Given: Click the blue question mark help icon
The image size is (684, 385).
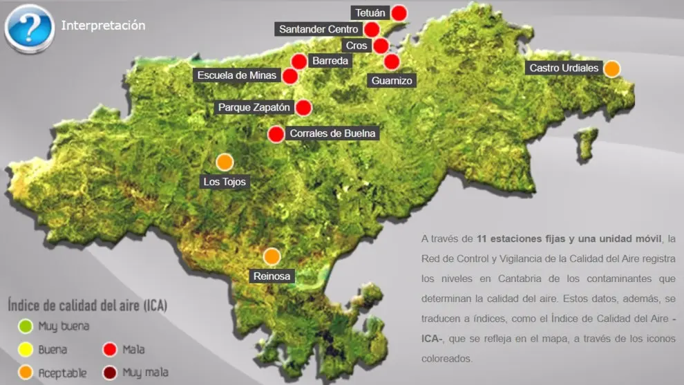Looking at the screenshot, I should (x=29, y=27).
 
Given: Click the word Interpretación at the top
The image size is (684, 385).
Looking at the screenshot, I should (x=103, y=26).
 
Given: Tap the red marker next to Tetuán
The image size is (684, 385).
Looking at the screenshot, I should (x=399, y=12).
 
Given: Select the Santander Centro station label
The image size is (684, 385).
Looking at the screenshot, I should (x=319, y=29).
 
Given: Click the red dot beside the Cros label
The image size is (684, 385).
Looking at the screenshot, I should (x=381, y=46).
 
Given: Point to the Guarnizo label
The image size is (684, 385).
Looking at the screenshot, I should (x=392, y=80).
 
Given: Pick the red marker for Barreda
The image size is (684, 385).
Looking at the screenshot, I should (x=299, y=62).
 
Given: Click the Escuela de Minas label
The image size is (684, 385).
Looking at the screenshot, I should (x=236, y=75).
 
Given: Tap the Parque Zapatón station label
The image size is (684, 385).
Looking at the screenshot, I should (x=253, y=107).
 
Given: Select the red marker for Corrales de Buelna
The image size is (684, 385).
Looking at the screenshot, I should (x=276, y=134).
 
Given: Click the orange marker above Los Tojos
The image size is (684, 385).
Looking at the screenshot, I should (x=225, y=162).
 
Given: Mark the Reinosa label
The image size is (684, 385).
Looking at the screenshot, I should (x=272, y=276).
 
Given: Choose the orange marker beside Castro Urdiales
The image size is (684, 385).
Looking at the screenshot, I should (x=611, y=68).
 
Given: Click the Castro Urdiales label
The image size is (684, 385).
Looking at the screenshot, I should (x=563, y=68).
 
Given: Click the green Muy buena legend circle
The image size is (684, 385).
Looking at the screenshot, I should (x=26, y=326).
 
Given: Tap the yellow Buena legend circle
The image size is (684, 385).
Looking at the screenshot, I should (x=26, y=349).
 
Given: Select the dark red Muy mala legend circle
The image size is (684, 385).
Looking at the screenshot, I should (x=110, y=373).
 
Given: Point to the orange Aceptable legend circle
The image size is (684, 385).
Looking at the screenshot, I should (x=26, y=373).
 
